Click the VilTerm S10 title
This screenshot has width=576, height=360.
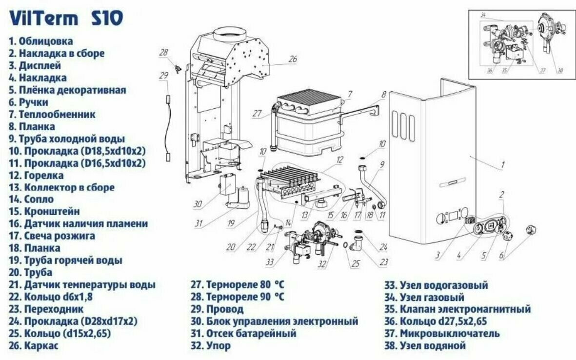coord(66,19)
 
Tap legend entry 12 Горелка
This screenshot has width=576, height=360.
coord(37,175)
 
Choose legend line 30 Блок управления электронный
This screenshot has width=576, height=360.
coord(274,321)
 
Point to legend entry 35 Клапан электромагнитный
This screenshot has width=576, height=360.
coord(457,309)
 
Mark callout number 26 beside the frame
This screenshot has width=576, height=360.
coord(292,60)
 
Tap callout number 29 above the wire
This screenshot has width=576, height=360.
coord(163,76)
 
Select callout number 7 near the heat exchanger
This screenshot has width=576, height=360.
coord(350,93)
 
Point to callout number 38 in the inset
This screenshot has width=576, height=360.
coord(560,70)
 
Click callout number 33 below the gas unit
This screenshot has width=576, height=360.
coord(270,262)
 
